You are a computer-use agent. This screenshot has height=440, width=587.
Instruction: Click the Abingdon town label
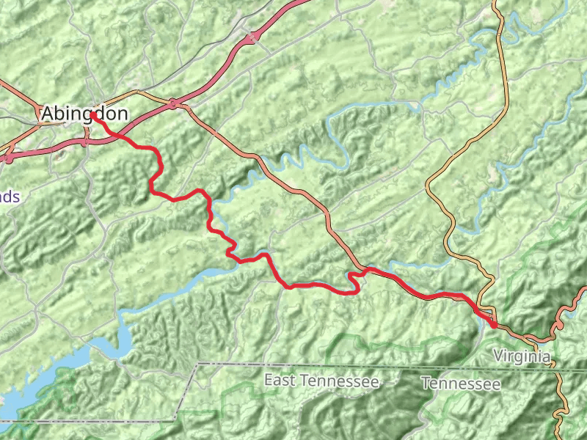coord(84,114)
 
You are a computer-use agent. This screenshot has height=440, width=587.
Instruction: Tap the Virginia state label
coord(522,356)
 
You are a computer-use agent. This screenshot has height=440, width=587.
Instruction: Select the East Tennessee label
coord(321,381)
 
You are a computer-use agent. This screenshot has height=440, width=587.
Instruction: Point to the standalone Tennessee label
coord(461,384)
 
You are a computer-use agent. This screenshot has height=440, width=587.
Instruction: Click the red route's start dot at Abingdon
coord(93,115)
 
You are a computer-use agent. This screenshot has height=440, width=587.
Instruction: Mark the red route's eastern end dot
coord(494,324)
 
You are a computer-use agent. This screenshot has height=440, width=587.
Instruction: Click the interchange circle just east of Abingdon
coord(174,104)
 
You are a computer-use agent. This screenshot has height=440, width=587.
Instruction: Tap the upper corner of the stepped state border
coord(198,364)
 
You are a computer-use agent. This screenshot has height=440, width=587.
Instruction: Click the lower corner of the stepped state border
coord(175,420)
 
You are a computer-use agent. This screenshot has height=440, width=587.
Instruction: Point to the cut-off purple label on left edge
coord(9,197)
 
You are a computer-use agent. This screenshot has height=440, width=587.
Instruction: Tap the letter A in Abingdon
coord(48,114)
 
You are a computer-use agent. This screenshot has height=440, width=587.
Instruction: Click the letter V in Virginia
coord(498,356)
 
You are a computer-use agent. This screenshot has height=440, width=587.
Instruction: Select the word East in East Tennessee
coord(280,381)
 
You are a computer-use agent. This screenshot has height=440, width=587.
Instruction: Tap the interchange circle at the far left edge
coord(9,157)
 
